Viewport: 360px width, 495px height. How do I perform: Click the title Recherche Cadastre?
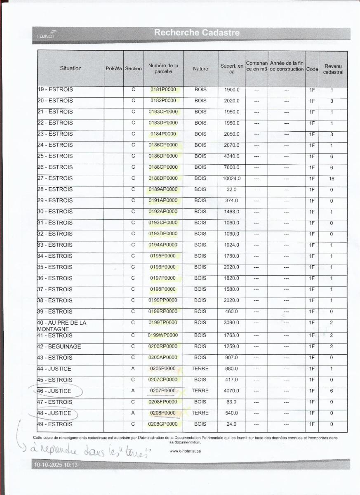(x=197, y=33)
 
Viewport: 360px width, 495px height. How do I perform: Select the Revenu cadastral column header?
(x=333, y=69)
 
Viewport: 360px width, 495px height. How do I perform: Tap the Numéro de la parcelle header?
(x=163, y=68)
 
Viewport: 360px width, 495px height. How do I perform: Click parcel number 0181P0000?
(x=163, y=90)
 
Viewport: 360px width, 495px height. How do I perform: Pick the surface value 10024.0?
(x=231, y=179)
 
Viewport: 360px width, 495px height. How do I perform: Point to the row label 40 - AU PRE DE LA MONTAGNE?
(x=61, y=326)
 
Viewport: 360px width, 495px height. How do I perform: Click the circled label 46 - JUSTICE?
(x=55, y=391)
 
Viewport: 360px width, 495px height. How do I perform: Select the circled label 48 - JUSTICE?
(x=55, y=413)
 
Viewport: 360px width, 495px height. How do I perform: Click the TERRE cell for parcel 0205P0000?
(x=200, y=369)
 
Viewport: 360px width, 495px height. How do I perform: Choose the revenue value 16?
(x=332, y=179)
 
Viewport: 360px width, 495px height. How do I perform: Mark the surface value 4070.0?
(x=231, y=391)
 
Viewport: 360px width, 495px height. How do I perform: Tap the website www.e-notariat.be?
(x=185, y=451)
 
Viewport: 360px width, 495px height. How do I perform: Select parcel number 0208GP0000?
(x=163, y=424)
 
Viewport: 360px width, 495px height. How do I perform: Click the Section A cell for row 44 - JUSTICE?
(x=133, y=369)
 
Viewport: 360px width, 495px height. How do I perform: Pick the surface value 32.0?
(x=231, y=190)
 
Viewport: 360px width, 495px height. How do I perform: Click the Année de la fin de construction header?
(x=287, y=66)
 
